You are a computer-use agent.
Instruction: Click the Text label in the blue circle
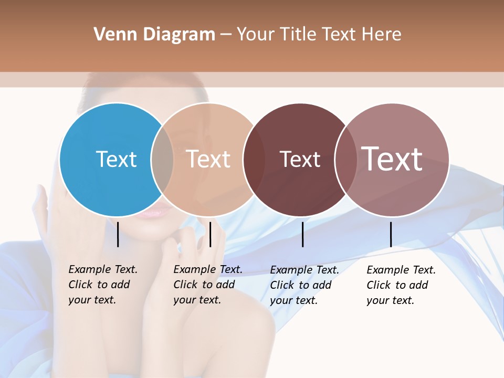(116, 159)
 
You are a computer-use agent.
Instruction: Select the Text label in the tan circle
(208, 159)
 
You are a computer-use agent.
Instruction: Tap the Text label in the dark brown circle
(300, 159)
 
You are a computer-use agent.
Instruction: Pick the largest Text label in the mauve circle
(392, 159)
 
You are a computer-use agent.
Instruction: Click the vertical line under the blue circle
(118, 234)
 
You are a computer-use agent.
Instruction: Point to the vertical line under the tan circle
(210, 234)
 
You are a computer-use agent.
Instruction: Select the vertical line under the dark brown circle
(302, 234)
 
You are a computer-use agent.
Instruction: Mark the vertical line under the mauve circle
(391, 234)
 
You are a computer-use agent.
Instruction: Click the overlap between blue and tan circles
(162, 160)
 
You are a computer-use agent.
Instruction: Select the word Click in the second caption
(185, 285)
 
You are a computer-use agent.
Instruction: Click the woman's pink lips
(156, 213)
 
